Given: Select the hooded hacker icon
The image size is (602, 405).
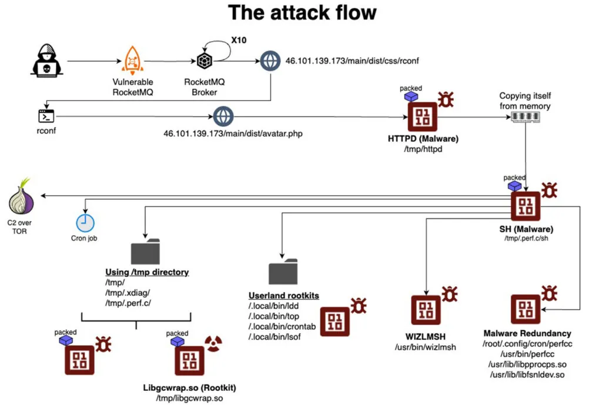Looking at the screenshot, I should (45, 61).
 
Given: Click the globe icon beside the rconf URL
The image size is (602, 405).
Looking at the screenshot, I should (270, 61).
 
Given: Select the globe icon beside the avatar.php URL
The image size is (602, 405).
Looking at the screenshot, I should (223, 116).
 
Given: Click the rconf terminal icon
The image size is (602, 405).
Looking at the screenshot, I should (45, 116).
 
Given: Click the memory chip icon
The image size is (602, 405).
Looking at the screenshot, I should (524, 116).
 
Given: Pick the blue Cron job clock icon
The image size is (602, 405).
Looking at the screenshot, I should (85, 223).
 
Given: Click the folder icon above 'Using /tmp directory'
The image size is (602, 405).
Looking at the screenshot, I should (145, 251).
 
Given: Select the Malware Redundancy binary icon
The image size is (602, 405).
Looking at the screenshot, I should (526, 309).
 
